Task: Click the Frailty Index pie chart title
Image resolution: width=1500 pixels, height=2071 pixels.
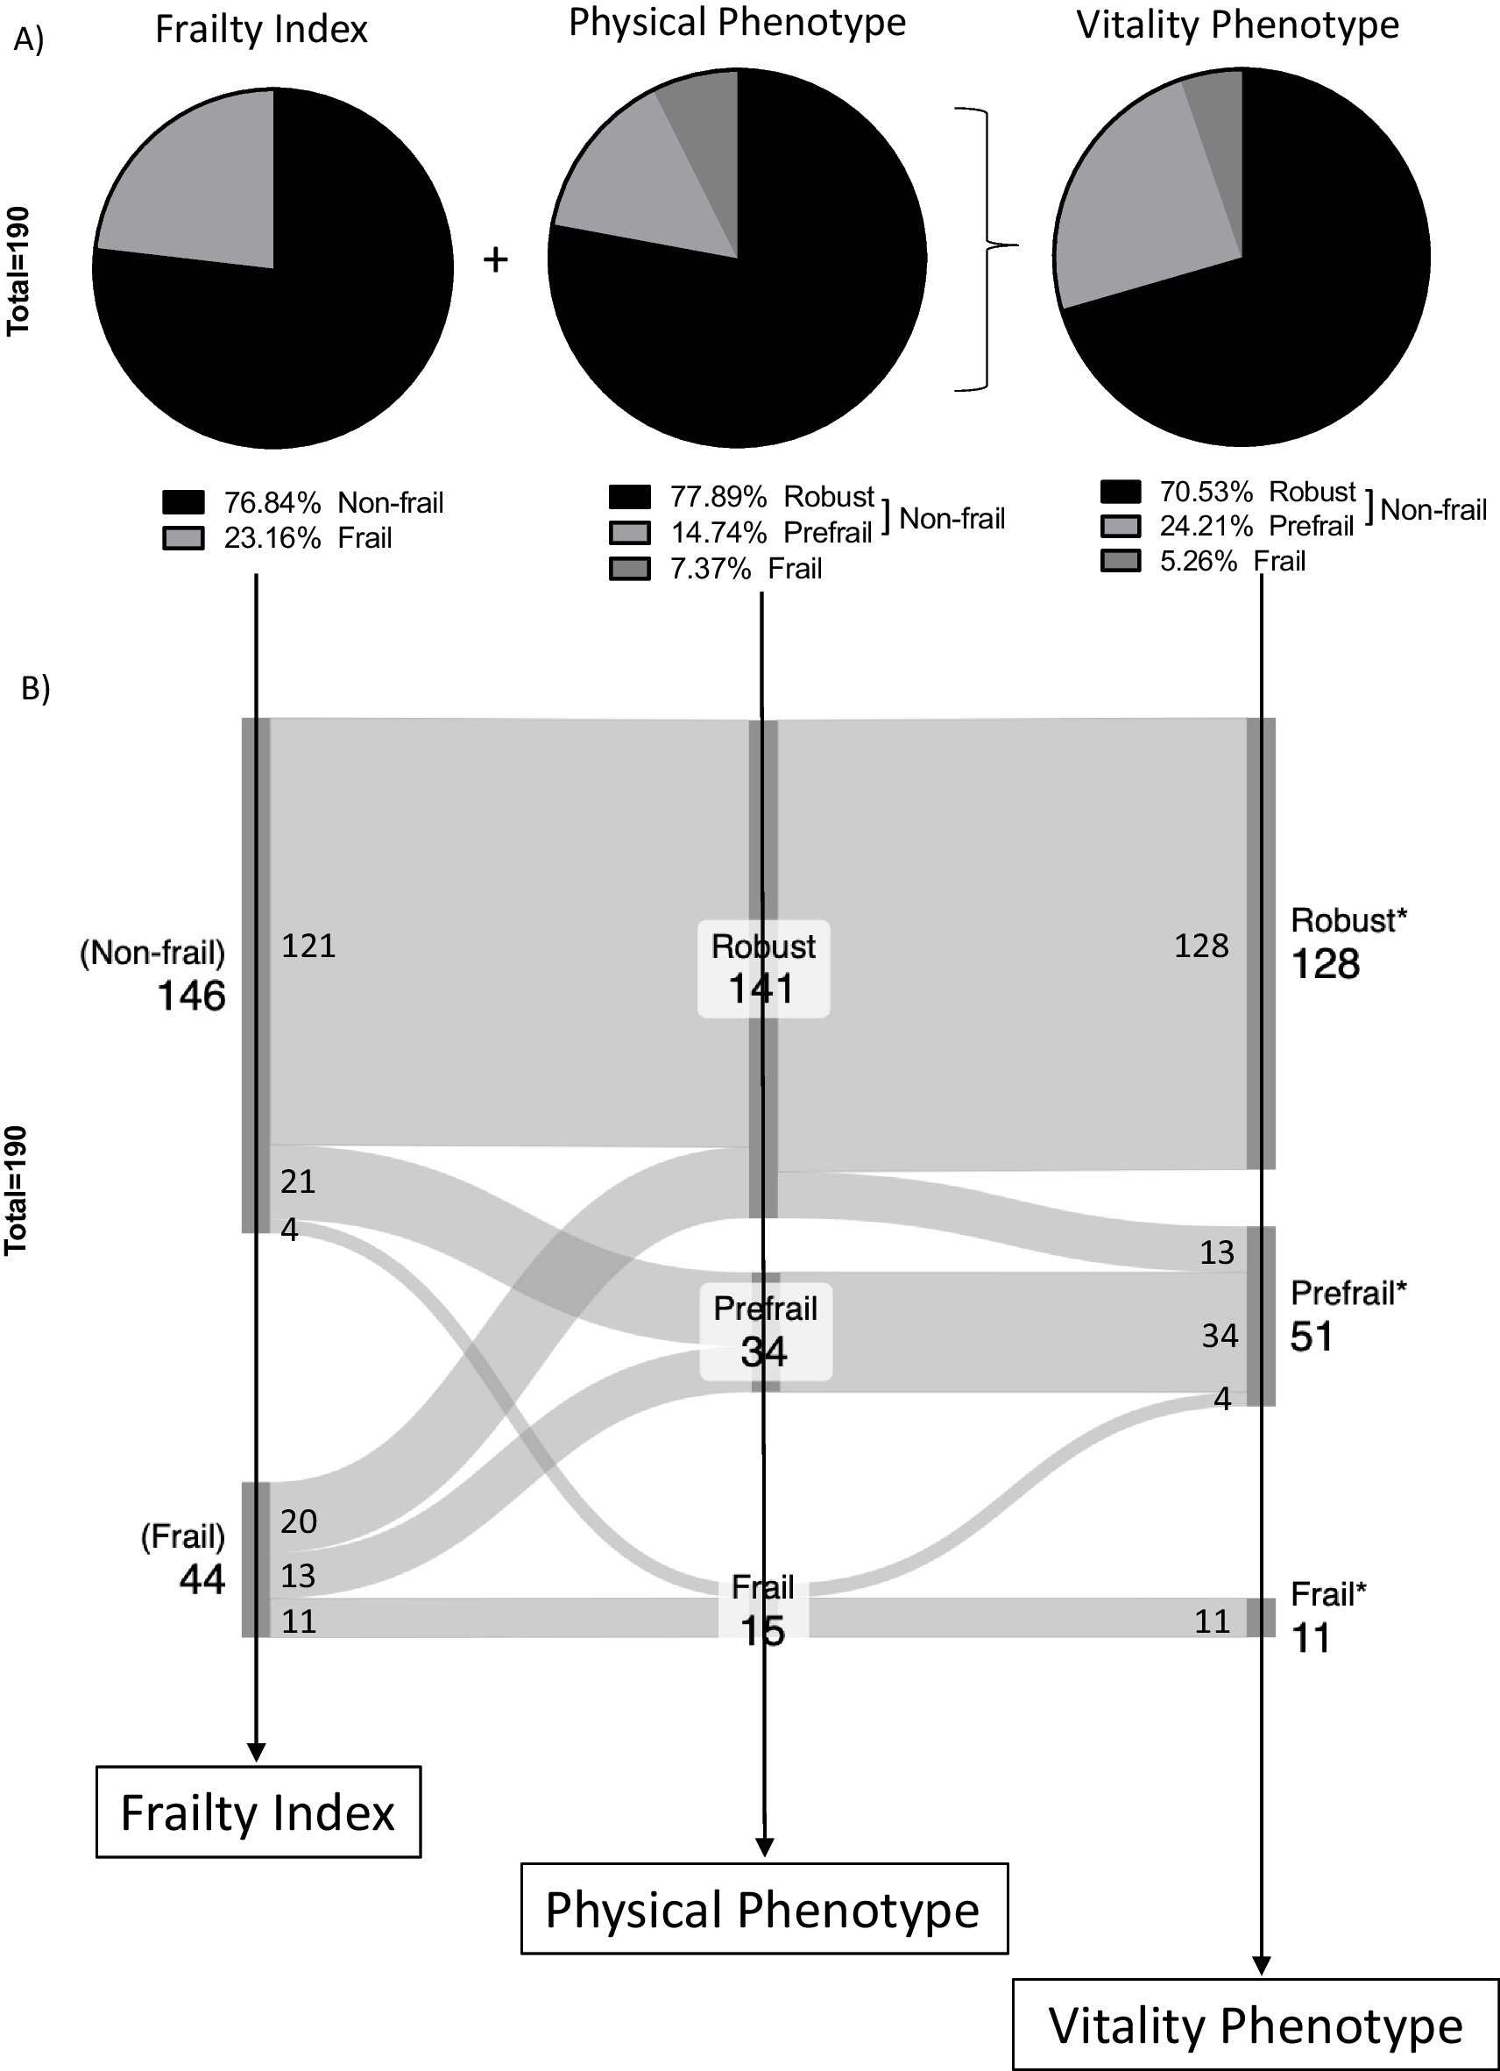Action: click(x=261, y=29)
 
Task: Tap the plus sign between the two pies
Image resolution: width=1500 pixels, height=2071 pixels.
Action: click(x=495, y=261)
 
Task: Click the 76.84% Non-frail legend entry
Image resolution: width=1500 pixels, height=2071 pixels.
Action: click(x=302, y=502)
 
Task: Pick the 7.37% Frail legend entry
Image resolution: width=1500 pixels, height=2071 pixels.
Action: click(x=716, y=569)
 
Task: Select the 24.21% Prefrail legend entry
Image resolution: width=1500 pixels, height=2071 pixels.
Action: click(x=1227, y=526)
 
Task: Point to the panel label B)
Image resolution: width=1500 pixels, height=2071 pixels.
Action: click(x=35, y=689)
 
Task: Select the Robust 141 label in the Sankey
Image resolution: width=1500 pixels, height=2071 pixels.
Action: click(x=763, y=968)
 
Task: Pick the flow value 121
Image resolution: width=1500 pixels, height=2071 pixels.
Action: click(x=308, y=946)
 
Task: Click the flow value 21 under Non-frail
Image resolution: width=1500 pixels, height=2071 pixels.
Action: click(x=298, y=1181)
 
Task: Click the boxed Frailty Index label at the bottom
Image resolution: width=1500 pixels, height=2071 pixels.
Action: click(x=258, y=1812)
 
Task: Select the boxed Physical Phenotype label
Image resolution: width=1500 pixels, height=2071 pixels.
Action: click(x=763, y=1910)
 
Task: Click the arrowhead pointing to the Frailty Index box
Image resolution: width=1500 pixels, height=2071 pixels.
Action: click(x=257, y=1750)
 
